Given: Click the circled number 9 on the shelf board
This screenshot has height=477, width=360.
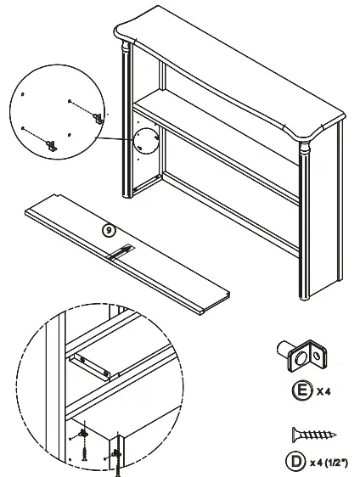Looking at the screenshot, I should pyautogui.click(x=107, y=229).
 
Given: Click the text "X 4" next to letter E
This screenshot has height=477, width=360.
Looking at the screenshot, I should pyautogui.click(x=323, y=393).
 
